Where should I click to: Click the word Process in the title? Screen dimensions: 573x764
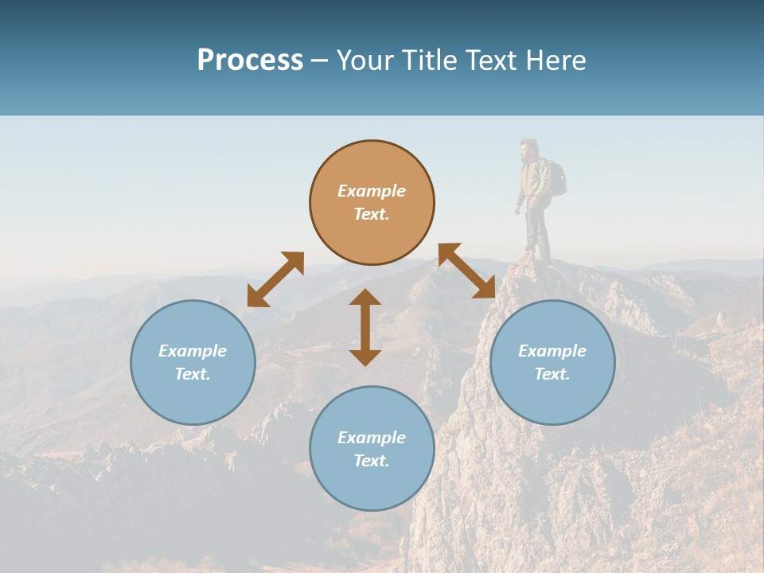coord(250,60)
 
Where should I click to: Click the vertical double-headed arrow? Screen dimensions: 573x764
coord(365,328)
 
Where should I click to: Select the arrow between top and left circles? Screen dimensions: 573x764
coord(275,279)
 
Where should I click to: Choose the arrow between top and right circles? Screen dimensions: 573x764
coord(467,271)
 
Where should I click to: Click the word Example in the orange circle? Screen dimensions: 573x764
coord(372,191)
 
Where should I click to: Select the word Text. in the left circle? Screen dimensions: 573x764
coord(193,374)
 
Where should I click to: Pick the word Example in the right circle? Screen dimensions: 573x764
coord(552,351)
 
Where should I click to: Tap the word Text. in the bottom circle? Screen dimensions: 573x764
coord(372,461)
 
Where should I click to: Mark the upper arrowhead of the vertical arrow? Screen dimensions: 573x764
coord(365,297)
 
